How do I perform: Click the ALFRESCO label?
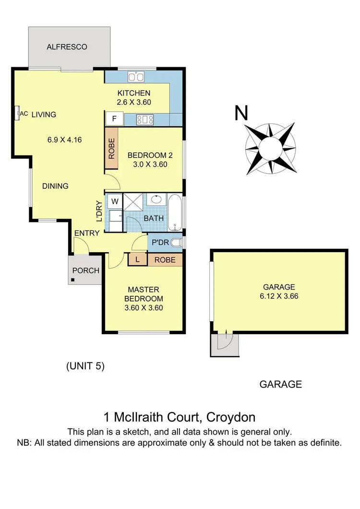pyautogui.click(x=67, y=47)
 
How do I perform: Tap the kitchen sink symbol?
pyautogui.click(x=137, y=77)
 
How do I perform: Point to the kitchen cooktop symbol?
pyautogui.click(x=145, y=119)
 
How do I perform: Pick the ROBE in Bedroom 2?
pyautogui.click(x=111, y=148)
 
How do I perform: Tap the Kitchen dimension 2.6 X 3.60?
pyautogui.click(x=134, y=102)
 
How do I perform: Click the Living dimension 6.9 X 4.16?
pyautogui.click(x=64, y=140)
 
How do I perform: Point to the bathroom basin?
pyautogui.click(x=156, y=200)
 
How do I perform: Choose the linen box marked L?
pyautogui.click(x=138, y=260)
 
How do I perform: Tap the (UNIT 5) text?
pyautogui.click(x=85, y=366)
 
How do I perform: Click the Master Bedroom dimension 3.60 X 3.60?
pyautogui.click(x=144, y=308)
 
